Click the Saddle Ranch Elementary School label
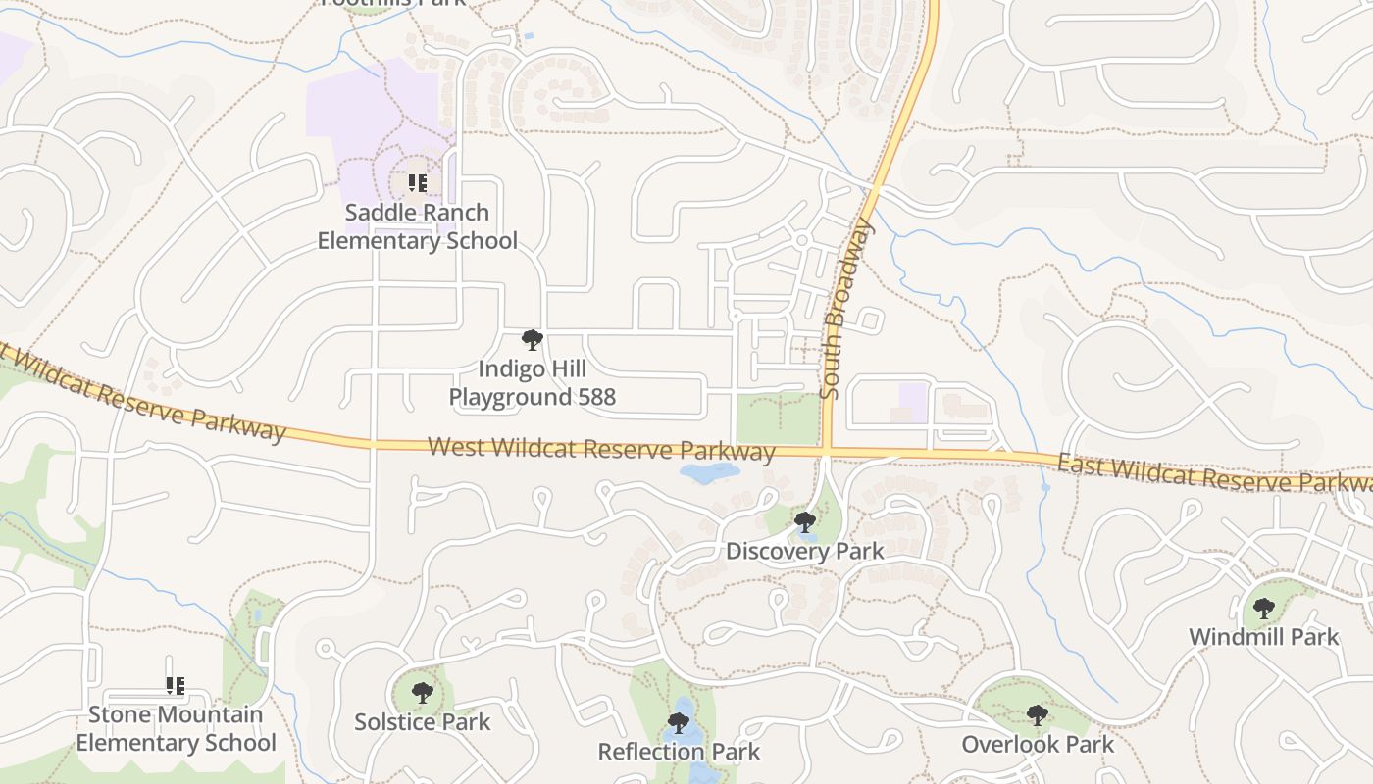coord(417,226)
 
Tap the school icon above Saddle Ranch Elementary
coord(418,183)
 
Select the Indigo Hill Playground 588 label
coord(533,383)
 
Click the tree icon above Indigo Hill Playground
coord(533,340)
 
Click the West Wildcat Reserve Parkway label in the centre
coord(601,449)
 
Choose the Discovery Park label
coord(804,552)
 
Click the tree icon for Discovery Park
coord(805,522)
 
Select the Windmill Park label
coord(1263,637)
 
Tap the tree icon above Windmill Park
coord(1264,609)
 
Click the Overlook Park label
coord(1038,745)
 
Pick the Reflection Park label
coord(679,753)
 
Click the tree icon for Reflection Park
coord(678,724)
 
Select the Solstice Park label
coord(422,722)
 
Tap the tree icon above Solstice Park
coord(423,694)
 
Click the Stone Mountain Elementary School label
coord(176,728)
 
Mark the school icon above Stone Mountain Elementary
coord(176,686)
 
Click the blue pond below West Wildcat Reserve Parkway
coord(708,473)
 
